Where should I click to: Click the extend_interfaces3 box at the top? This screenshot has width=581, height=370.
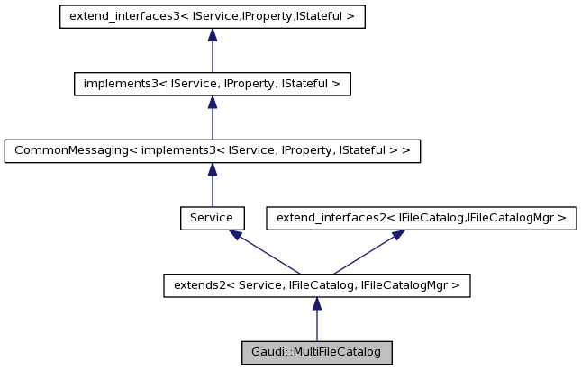tap(212, 17)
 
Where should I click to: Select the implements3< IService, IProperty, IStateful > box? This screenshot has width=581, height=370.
tap(212, 84)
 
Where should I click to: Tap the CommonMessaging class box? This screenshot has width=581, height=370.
tap(212, 150)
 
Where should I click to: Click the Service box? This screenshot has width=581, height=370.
tap(212, 218)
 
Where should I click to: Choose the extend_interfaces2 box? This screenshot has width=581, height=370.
tap(421, 218)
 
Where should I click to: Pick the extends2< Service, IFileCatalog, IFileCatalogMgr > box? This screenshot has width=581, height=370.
tap(316, 285)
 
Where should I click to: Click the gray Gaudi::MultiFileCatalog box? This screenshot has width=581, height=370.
tap(316, 352)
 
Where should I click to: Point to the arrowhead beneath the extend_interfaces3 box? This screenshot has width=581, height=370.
tap(212, 35)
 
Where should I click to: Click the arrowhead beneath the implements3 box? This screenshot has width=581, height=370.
tap(212, 102)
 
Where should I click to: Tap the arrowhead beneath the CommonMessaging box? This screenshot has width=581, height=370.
tap(212, 168)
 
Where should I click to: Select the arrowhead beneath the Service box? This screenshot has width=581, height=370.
tap(235, 234)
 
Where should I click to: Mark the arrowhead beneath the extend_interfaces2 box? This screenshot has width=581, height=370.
tap(397, 234)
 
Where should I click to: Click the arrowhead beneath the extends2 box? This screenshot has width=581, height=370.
tap(316, 303)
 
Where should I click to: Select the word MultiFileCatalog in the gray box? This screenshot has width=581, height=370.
tap(336, 352)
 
